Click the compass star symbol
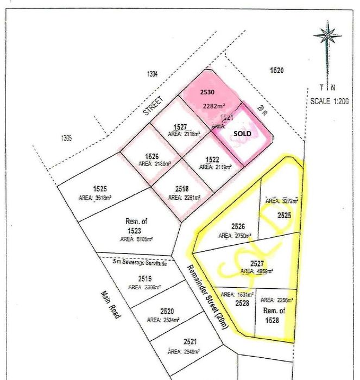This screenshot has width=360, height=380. pos(327,35)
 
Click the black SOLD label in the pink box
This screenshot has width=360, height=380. pos(242,132)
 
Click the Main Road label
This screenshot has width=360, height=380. pos(110,304)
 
